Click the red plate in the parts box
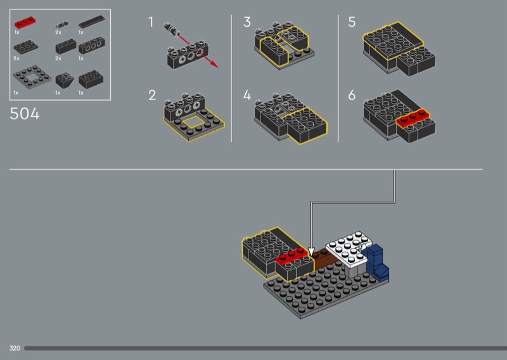[25, 23]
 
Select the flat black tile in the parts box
[92, 22]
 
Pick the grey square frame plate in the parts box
[32, 77]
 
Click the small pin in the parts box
[62, 25]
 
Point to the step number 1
[151, 22]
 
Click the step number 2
[152, 96]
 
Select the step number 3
[247, 22]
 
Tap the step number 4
[247, 96]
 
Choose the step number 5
[352, 22]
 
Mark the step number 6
[352, 96]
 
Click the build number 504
[25, 114]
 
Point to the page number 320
[15, 348]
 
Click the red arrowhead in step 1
[214, 64]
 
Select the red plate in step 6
[413, 118]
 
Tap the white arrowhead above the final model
[311, 252]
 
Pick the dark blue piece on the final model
[376, 262]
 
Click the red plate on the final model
[292, 256]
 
